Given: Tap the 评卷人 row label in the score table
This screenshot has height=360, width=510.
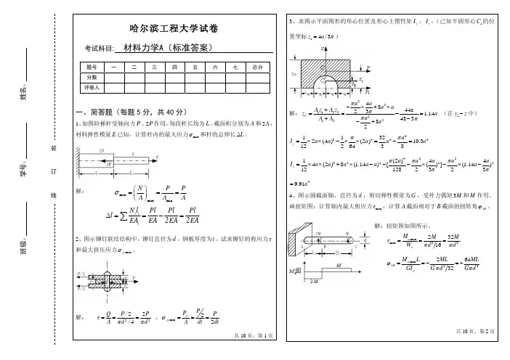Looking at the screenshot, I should (92, 86).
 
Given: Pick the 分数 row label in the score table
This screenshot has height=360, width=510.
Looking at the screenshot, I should (92, 77).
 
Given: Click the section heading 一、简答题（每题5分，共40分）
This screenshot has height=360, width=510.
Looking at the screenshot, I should (131, 113).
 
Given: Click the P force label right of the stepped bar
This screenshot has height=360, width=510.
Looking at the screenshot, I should (157, 155).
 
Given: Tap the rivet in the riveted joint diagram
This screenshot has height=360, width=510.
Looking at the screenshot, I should (108, 281).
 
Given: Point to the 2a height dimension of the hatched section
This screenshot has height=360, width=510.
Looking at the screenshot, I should (292, 74).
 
